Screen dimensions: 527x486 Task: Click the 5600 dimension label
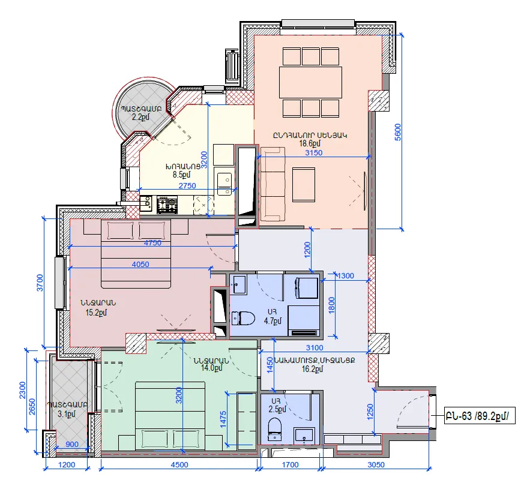point(398,132)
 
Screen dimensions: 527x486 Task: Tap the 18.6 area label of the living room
point(310,143)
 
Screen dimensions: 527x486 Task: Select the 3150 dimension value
point(313,153)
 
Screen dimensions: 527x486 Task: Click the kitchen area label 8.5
point(181,175)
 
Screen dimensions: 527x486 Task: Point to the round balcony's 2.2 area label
point(140,117)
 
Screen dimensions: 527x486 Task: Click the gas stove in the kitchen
point(167,205)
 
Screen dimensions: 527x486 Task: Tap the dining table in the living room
point(310,82)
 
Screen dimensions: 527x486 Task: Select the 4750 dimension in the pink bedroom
point(152,243)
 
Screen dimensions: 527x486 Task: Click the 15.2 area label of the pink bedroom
point(96,313)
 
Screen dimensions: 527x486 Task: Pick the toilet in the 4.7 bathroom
point(243,319)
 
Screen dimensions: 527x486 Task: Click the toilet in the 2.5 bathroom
point(275,429)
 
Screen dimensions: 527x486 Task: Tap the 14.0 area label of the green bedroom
point(212,368)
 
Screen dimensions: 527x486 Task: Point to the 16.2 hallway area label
point(312,369)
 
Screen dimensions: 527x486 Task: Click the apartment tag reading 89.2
point(480,416)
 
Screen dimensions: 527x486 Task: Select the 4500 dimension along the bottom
point(179,465)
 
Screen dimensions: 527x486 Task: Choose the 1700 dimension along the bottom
point(290,465)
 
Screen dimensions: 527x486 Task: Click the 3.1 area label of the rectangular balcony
point(67,414)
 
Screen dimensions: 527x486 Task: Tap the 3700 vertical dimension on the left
point(40,283)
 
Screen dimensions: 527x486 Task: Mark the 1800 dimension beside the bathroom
point(331,305)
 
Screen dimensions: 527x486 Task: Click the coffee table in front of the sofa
point(304,185)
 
